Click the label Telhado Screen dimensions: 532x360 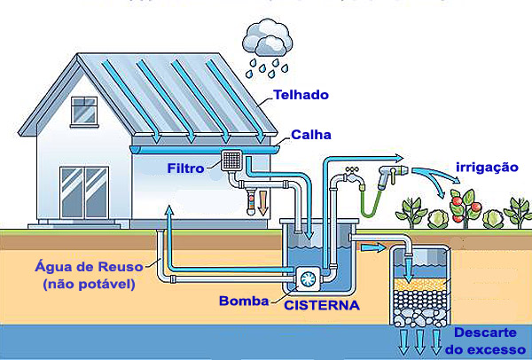pyautogui.click(x=301, y=95)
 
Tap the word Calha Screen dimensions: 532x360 pyautogui.click(x=311, y=135)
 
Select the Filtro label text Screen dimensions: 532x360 pyautogui.click(x=185, y=168)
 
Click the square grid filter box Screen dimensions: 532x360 pyautogui.click(x=231, y=160)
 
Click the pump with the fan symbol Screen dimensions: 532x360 pyautogui.click(x=309, y=279)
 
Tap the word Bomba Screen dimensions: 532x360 pyautogui.click(x=244, y=301)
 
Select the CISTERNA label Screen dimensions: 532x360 pyautogui.click(x=322, y=305)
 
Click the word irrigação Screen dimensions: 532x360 pyautogui.click(x=487, y=168)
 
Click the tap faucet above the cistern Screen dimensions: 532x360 pyautogui.click(x=354, y=176)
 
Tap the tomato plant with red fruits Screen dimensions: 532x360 pyautogui.click(x=465, y=207)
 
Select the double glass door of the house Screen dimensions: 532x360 pyautogui.click(x=84, y=192)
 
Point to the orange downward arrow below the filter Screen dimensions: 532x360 pyautogui.click(x=263, y=203)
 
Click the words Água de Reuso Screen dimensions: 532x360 pyautogui.click(x=89, y=266)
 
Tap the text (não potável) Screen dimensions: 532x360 pyautogui.click(x=89, y=284)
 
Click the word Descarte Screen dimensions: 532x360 pyautogui.click(x=485, y=333)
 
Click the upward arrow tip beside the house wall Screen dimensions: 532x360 pyautogui.click(x=168, y=206)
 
